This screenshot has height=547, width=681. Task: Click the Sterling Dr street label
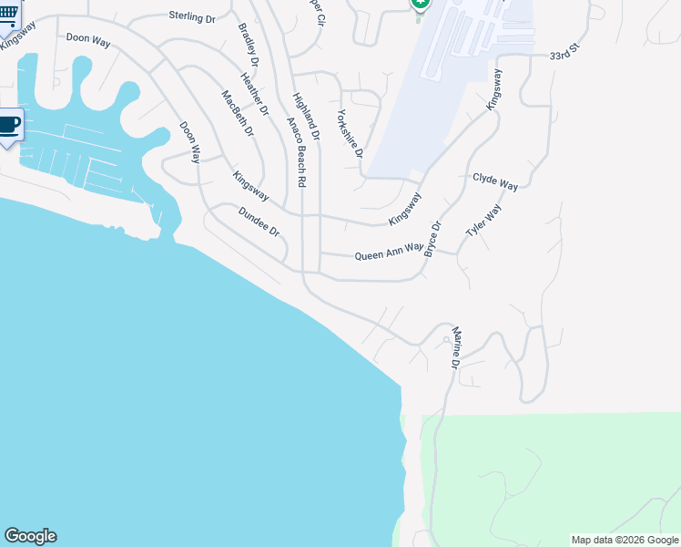coord(191,15)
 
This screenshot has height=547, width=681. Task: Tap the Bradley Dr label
coord(248,44)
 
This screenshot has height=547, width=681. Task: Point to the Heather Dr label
coord(256,94)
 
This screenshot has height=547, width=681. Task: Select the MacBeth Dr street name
coord(237,113)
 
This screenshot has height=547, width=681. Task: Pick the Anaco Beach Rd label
coord(296,152)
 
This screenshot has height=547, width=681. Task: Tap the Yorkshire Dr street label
coord(350,133)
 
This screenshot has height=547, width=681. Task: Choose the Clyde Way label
coord(494,182)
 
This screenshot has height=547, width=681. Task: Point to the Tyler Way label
coord(483,222)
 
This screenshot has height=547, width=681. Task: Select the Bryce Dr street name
coord(432,238)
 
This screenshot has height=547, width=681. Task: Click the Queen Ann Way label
coord(389,250)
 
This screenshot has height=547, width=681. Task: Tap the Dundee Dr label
coord(258,222)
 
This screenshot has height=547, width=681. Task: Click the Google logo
coord(30,536)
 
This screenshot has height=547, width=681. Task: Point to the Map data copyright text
coord(625,540)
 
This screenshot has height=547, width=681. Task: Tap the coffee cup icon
coord(8,126)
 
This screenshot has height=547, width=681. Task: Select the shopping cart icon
coord(7,14)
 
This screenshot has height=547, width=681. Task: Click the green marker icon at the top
coord(420,5)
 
